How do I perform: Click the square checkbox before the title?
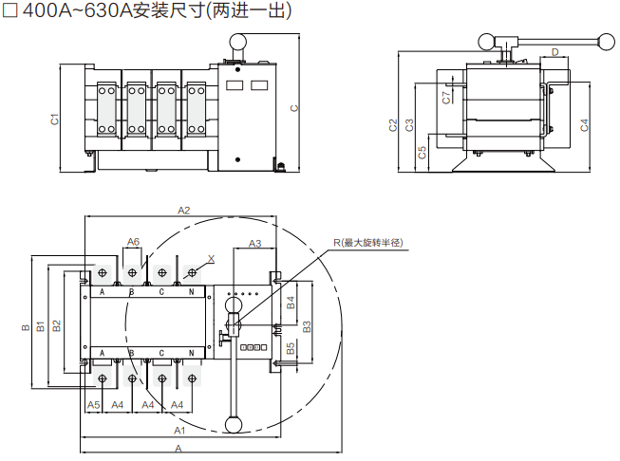[10, 12]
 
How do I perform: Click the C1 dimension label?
[54, 119]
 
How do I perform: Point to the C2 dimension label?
[393, 124]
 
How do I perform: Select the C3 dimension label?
[408, 124]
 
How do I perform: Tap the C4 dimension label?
[585, 124]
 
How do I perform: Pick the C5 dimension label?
[422, 152]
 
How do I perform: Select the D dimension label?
[554, 51]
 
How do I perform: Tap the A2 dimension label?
[184, 210]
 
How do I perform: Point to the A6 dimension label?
[134, 243]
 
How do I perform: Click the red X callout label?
[211, 257]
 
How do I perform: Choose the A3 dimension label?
[255, 244]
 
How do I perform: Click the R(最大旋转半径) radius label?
[367, 243]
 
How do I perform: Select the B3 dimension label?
[307, 326]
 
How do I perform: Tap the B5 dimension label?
[291, 348]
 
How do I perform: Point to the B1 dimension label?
[41, 326]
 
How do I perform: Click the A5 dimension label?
[93, 405]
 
